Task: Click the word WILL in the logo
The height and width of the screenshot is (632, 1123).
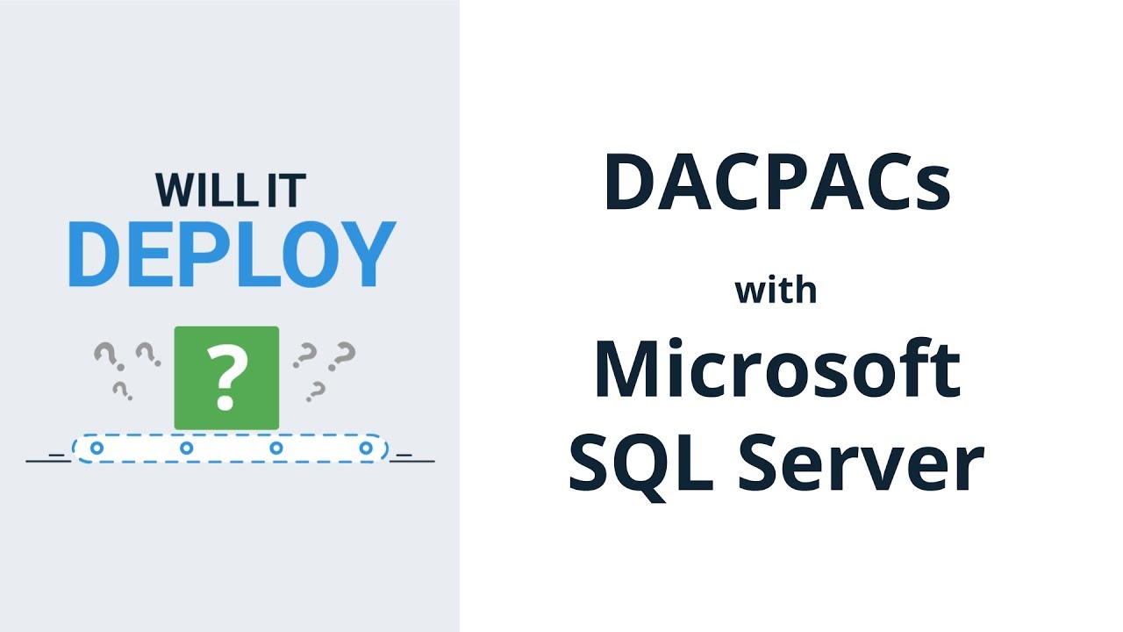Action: tap(197, 190)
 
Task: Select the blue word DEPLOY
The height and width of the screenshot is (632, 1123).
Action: tap(232, 254)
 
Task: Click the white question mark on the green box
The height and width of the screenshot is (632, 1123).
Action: tap(226, 378)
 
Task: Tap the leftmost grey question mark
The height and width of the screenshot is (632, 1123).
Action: tap(106, 355)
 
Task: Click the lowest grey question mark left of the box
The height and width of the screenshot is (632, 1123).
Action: tap(122, 390)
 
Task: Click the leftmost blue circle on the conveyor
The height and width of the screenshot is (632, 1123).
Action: tap(97, 449)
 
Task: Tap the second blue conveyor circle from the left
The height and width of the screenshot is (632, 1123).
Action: tap(186, 449)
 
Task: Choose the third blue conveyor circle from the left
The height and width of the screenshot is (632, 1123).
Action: tap(276, 449)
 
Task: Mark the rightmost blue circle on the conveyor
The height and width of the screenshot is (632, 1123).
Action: tap(366, 449)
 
